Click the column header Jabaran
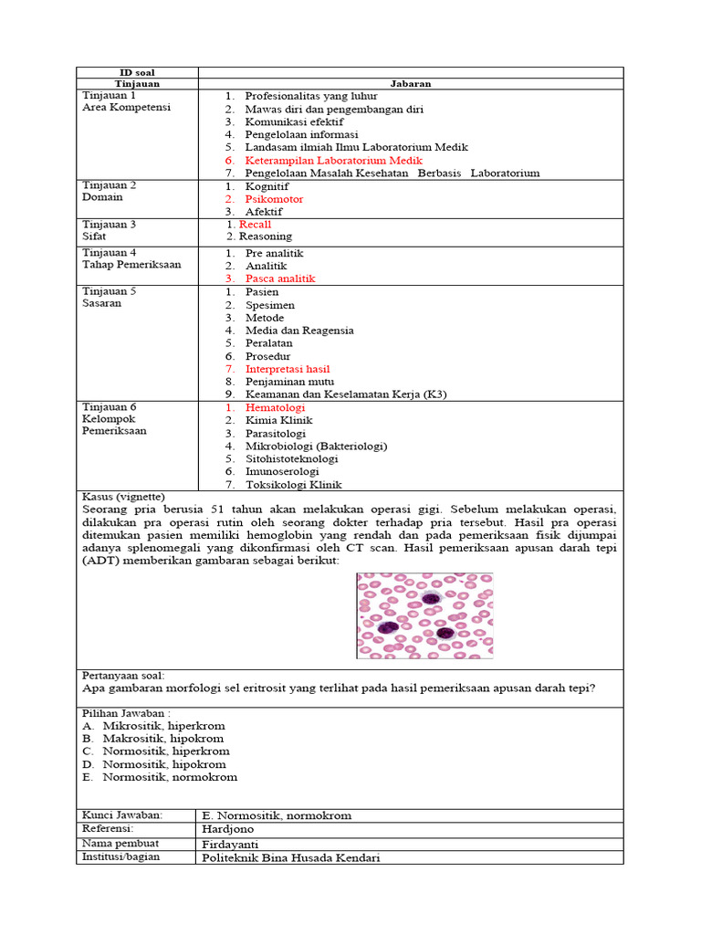411,83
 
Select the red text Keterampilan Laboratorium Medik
333,160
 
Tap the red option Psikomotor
274,199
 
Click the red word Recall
255,224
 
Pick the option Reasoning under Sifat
265,236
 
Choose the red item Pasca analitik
280,278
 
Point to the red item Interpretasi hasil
287,369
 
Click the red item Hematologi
275,407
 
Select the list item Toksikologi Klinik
294,485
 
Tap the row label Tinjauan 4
110,253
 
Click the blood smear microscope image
424,615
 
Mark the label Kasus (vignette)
124,496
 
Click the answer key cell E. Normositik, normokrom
277,815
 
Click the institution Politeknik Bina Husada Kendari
290,857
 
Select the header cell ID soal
137,72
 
